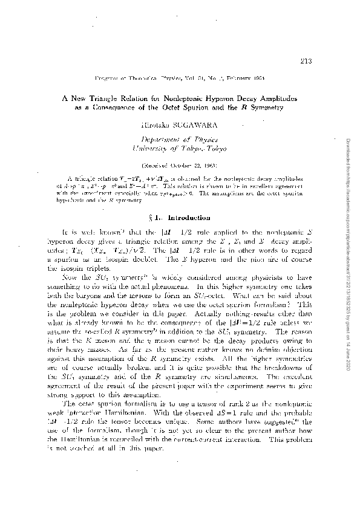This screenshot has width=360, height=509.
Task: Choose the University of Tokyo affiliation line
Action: point(180,148)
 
